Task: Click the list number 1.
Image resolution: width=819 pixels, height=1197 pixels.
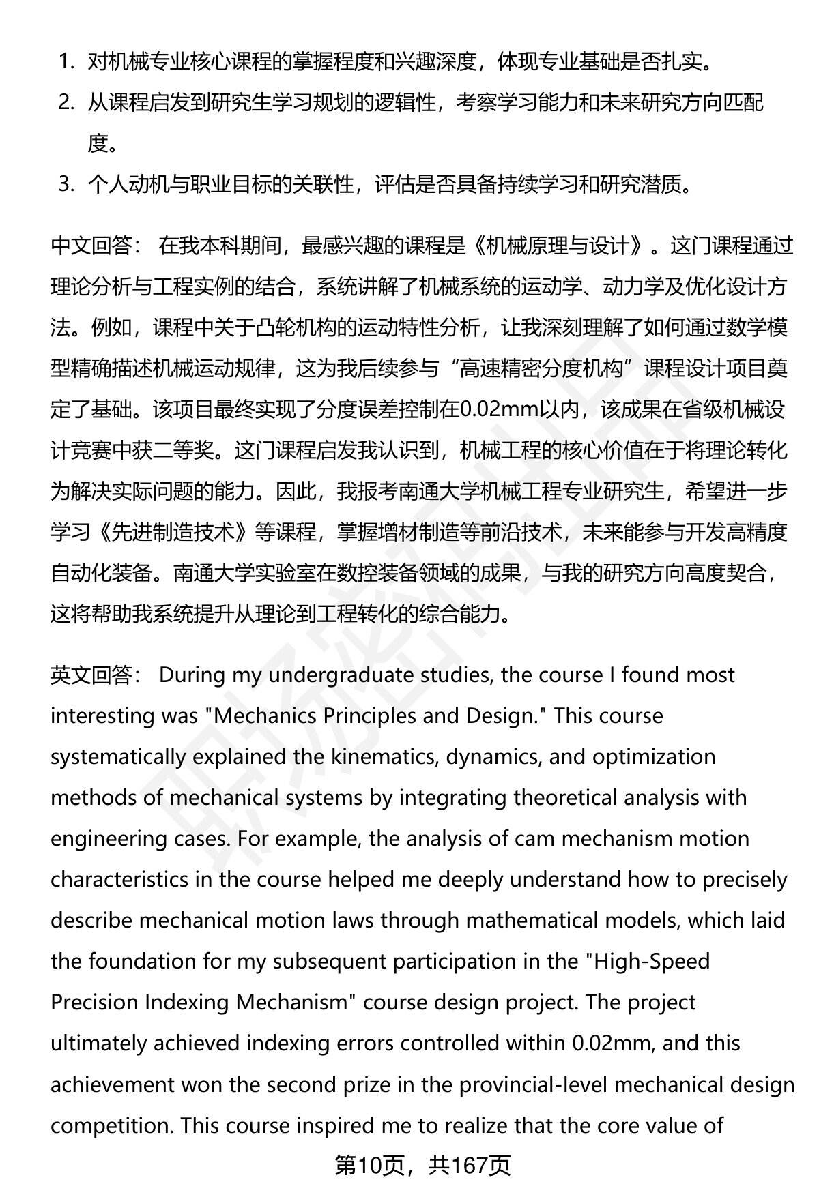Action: [x=66, y=62]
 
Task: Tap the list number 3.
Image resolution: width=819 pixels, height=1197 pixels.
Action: [x=66, y=185]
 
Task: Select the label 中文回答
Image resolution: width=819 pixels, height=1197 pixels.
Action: [x=95, y=246]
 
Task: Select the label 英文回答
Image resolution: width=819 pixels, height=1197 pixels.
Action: [x=95, y=675]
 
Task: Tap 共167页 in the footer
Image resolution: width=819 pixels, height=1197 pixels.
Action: [x=470, y=1166]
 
